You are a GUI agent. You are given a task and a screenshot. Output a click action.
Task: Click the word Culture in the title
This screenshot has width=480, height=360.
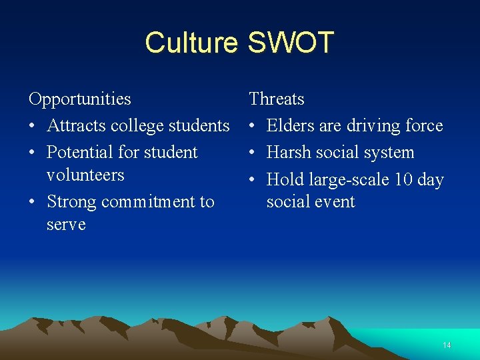(191, 43)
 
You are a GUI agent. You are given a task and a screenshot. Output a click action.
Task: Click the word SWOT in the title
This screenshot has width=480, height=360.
(290, 43)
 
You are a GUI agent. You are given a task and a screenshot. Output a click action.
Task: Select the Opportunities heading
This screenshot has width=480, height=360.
(80, 99)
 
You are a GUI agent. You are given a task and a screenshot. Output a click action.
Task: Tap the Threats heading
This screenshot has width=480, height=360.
(277, 99)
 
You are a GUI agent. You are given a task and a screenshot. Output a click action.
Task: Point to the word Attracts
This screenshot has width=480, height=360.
(71, 126)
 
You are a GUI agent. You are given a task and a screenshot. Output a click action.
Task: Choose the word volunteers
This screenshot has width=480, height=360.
(85, 175)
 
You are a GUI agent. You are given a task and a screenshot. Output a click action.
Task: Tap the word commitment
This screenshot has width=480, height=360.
(145, 201)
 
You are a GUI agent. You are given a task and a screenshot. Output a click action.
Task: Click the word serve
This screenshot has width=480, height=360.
(66, 224)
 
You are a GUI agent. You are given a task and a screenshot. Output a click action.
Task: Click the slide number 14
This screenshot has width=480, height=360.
(447, 345)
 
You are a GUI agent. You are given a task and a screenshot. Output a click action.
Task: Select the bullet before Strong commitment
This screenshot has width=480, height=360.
(33, 202)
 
